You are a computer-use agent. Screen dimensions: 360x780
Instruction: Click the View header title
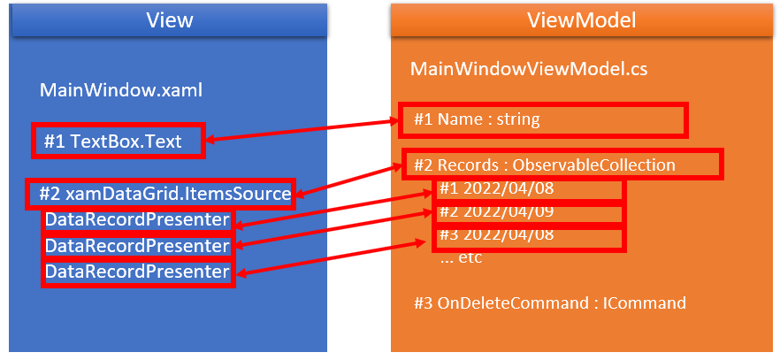coord(168,19)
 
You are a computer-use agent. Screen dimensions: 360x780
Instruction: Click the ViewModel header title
coord(583,19)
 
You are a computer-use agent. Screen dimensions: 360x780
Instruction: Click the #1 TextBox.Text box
coord(118,141)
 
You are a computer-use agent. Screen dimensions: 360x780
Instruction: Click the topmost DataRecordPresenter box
coord(137,219)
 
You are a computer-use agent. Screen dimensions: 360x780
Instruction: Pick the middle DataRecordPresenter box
coord(137,245)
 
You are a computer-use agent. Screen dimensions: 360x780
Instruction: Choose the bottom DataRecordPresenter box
coord(137,271)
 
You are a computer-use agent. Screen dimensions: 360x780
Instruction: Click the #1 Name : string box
coord(549,119)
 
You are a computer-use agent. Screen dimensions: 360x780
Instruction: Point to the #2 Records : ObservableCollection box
coord(562,165)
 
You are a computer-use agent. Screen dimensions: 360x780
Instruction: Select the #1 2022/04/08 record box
coord(530,188)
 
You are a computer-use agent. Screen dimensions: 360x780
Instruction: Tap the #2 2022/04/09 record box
coord(530,212)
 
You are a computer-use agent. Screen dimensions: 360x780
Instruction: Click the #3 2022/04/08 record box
coord(530,236)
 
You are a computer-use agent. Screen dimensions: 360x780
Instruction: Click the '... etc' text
coord(461,259)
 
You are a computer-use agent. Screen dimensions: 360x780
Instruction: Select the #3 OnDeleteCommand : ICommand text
coord(549,303)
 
